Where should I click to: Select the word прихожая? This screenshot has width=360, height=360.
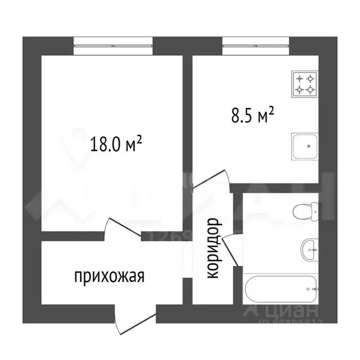tap(109, 277)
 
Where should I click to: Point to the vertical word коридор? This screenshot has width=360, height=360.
tap(212, 248)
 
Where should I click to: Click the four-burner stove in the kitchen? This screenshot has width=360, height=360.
tap(305, 84)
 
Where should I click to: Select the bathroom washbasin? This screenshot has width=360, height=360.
tap(309, 248)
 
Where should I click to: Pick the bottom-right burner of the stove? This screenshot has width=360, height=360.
tap(310, 89)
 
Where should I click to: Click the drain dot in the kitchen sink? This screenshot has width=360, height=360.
tap(309, 146)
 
